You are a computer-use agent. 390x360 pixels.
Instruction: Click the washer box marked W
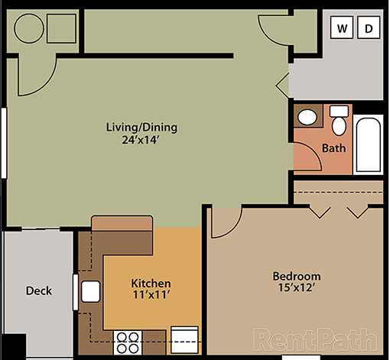click(x=343, y=30)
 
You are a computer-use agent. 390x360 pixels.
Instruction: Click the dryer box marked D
click(x=368, y=30)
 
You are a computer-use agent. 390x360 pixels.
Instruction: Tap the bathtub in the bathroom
click(x=368, y=143)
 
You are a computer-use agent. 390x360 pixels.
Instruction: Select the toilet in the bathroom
click(x=339, y=122)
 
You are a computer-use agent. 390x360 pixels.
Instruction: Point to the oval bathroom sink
click(x=307, y=118)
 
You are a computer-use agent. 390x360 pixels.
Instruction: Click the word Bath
click(x=333, y=148)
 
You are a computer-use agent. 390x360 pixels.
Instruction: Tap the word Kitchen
click(x=151, y=283)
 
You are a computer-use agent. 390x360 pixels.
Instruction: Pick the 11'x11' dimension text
click(x=151, y=295)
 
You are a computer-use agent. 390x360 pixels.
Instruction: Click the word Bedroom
click(x=297, y=276)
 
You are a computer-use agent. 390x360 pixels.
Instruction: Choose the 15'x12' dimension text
click(x=297, y=288)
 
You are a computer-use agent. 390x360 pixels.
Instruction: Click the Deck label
click(x=38, y=290)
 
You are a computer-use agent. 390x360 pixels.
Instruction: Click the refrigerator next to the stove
click(x=184, y=337)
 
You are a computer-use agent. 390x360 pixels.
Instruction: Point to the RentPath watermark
click(x=316, y=339)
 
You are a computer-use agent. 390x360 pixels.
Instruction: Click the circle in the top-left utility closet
click(x=31, y=29)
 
